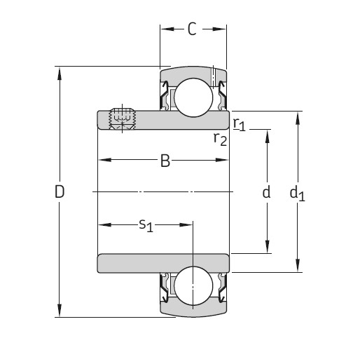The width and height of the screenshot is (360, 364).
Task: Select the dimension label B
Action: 165,161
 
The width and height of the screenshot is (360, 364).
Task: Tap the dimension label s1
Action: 145,224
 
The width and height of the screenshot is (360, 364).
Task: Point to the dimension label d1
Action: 298,193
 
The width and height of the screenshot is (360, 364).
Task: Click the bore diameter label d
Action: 266,192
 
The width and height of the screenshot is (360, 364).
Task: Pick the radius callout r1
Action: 240,125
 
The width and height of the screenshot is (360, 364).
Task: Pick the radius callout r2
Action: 220,138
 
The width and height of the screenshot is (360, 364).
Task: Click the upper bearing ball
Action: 193,97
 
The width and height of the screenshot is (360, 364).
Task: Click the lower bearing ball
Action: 193,287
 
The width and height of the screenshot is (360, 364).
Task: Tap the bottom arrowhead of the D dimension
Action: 60,312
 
